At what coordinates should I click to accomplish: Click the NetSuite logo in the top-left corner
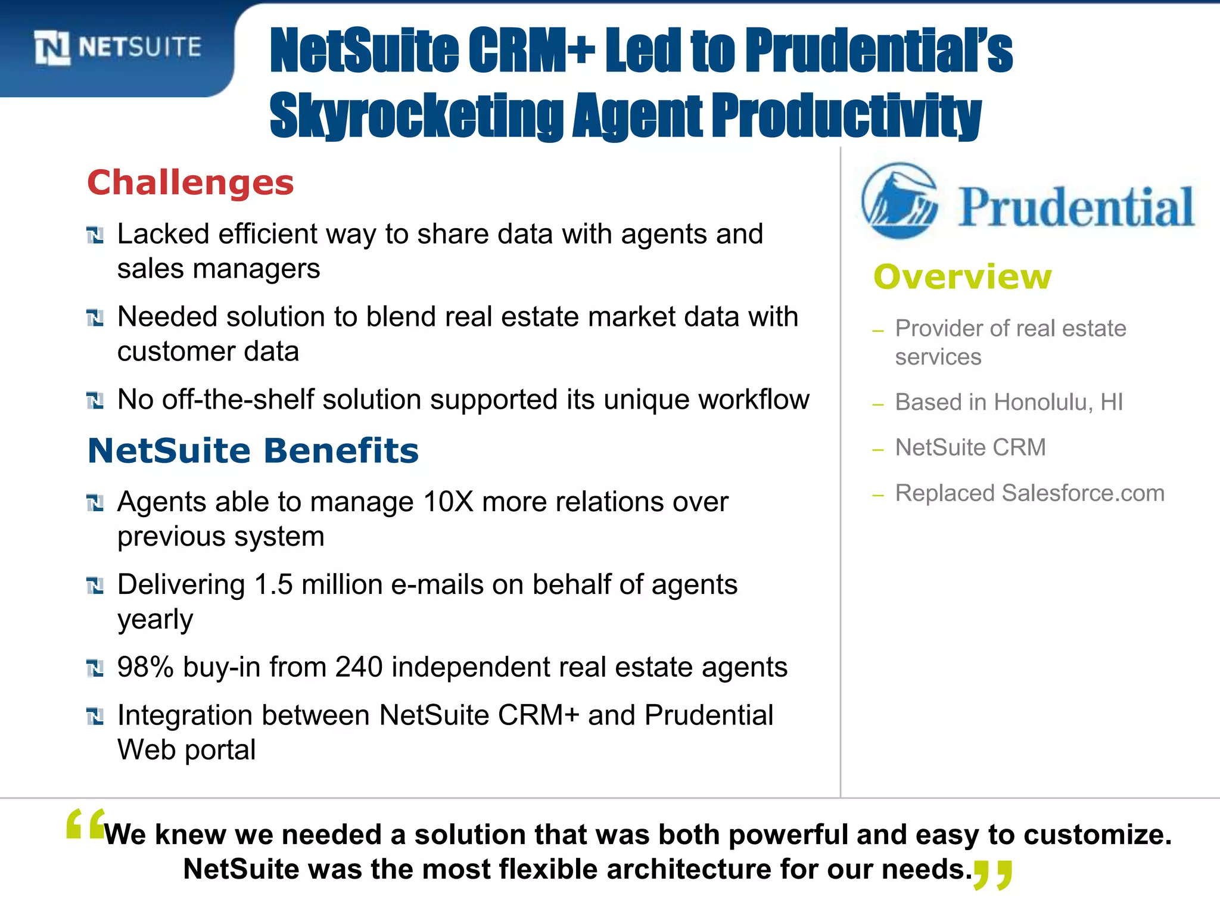coord(118,48)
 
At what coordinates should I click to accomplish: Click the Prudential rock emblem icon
coord(900,201)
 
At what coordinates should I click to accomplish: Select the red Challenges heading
coord(191,182)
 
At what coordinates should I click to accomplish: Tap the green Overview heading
coord(962,277)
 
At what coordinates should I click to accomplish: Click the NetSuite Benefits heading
coord(253,450)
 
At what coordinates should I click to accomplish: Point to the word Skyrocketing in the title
coord(416,116)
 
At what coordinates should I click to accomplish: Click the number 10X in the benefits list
coord(447,502)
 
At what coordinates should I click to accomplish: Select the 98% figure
coord(145,667)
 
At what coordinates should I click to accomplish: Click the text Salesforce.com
coord(1083,493)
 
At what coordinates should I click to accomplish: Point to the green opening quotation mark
coord(86,825)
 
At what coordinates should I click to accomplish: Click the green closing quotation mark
coord(992,874)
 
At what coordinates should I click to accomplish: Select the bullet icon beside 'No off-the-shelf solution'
coord(95,401)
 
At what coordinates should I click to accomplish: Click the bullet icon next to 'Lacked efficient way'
coord(95,235)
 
